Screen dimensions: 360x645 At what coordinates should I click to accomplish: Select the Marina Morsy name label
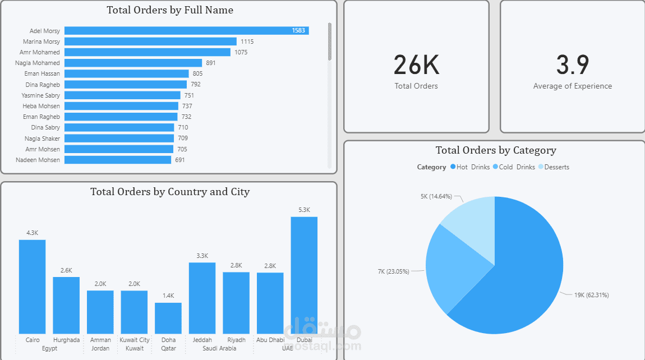click(42, 41)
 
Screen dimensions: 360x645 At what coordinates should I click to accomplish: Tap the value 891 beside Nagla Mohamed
click(211, 63)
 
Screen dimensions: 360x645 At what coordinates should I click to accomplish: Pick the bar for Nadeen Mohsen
click(118, 160)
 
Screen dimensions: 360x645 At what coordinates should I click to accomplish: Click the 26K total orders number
click(416, 65)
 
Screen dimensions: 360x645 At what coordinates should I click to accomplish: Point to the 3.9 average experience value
click(573, 65)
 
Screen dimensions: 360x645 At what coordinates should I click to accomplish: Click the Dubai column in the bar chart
click(304, 275)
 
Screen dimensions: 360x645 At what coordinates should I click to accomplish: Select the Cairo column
click(33, 287)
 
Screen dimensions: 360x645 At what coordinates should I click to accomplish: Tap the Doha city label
click(168, 340)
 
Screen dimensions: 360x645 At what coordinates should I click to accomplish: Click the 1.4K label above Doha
click(168, 296)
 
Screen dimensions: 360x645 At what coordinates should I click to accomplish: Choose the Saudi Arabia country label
click(219, 348)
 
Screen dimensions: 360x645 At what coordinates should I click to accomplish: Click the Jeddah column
click(202, 298)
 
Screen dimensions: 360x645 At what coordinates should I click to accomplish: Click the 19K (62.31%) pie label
click(591, 295)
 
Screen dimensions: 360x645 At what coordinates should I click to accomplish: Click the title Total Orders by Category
click(496, 150)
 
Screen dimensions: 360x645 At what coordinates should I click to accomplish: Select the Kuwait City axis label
click(135, 340)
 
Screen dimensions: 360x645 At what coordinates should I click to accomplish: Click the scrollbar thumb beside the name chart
click(330, 41)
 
